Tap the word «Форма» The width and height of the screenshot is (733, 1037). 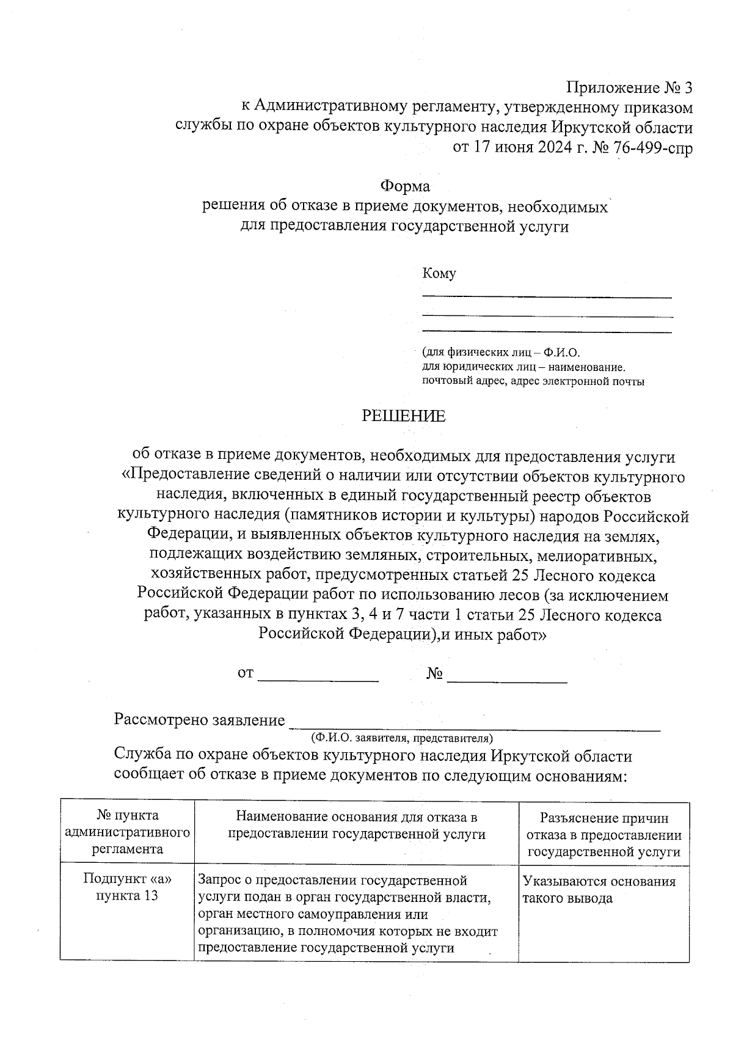(405, 186)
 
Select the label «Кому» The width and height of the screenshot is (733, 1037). (439, 273)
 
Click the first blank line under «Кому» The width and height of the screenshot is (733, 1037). (547, 296)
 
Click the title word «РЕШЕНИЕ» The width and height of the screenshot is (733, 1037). (404, 416)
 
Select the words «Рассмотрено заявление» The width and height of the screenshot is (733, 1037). (200, 720)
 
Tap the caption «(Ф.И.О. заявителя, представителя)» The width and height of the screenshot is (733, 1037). (402, 738)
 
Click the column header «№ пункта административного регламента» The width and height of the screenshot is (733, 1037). (128, 832)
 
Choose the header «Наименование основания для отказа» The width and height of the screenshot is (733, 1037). (356, 826)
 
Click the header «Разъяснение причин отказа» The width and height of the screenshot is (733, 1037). (604, 834)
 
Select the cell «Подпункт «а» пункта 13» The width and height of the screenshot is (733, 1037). (128, 888)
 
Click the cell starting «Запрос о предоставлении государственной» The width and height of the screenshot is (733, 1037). (348, 914)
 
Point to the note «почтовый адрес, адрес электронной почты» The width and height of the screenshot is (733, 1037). (533, 383)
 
